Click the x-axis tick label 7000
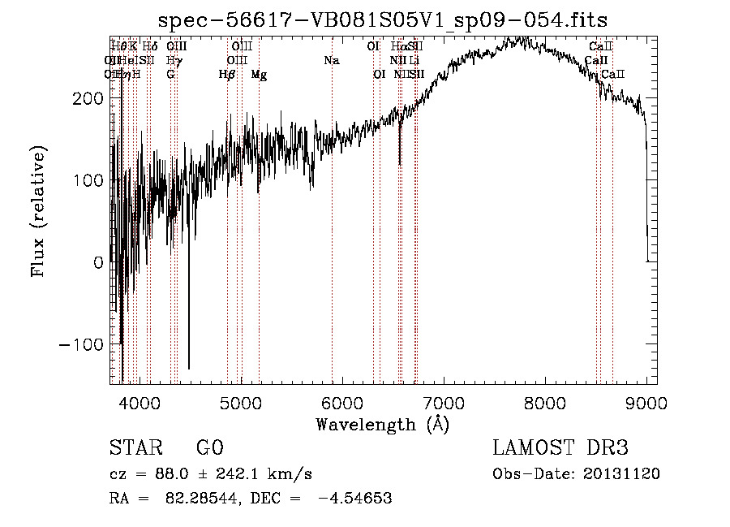point(444,403)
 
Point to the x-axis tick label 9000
point(646,403)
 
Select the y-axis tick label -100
point(81,344)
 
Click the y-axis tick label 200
point(86,98)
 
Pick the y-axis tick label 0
point(98,262)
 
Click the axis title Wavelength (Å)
point(382,424)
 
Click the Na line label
point(331,60)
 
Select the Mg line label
point(259,75)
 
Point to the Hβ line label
point(226,75)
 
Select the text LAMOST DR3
point(560,449)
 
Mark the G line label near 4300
point(170,75)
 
